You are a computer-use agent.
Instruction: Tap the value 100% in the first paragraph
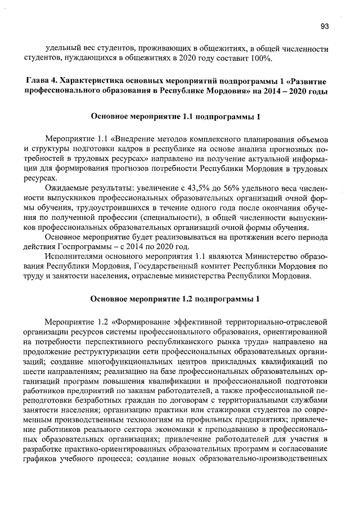[262, 58]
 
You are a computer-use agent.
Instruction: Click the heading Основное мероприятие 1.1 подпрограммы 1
[175, 117]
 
